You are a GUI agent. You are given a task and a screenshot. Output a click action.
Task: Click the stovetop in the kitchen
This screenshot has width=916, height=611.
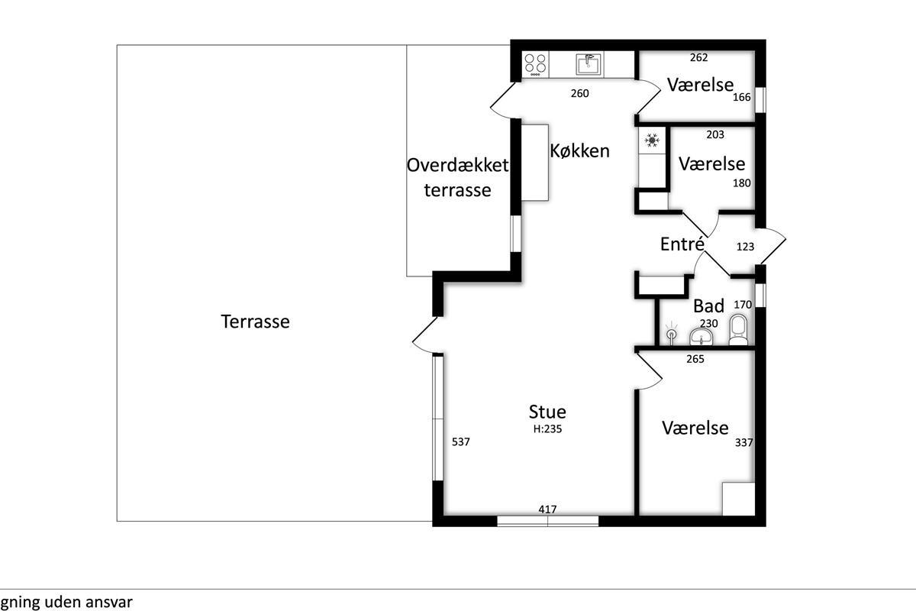(535, 65)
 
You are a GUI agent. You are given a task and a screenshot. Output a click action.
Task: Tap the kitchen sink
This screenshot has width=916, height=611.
(589, 64)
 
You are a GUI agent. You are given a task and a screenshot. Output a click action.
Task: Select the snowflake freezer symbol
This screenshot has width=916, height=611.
(652, 141)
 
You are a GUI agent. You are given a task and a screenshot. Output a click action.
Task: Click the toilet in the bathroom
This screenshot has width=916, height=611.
(738, 329)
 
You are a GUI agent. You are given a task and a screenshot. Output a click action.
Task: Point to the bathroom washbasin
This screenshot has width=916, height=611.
(702, 338)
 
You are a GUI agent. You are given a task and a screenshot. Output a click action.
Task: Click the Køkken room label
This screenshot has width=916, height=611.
(580, 151)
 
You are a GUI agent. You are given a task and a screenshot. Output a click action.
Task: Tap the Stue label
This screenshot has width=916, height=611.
(547, 412)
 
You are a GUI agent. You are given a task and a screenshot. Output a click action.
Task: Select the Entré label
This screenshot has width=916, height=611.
(682, 244)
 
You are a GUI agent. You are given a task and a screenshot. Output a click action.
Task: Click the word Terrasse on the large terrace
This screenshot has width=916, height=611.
(255, 322)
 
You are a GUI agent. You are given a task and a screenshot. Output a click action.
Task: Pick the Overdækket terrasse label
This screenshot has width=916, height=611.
(457, 178)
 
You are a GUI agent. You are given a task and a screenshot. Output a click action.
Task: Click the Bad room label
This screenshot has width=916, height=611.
(708, 305)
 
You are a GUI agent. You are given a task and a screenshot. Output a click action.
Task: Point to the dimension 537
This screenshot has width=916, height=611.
(461, 441)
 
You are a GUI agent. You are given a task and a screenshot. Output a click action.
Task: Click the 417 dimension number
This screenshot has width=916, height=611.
(547, 509)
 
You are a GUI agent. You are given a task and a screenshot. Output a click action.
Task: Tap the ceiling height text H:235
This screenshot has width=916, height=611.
(547, 429)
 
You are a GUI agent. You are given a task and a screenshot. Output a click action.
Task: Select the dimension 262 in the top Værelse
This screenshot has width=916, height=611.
(699, 58)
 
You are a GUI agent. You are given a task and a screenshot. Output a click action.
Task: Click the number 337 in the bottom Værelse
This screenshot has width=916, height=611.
(743, 442)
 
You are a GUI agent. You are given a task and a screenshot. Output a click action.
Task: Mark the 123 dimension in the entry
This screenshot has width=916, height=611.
(745, 247)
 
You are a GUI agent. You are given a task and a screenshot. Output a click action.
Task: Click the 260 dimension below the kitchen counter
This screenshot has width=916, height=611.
(580, 93)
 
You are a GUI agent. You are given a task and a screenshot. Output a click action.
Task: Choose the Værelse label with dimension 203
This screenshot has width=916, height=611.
(711, 163)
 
